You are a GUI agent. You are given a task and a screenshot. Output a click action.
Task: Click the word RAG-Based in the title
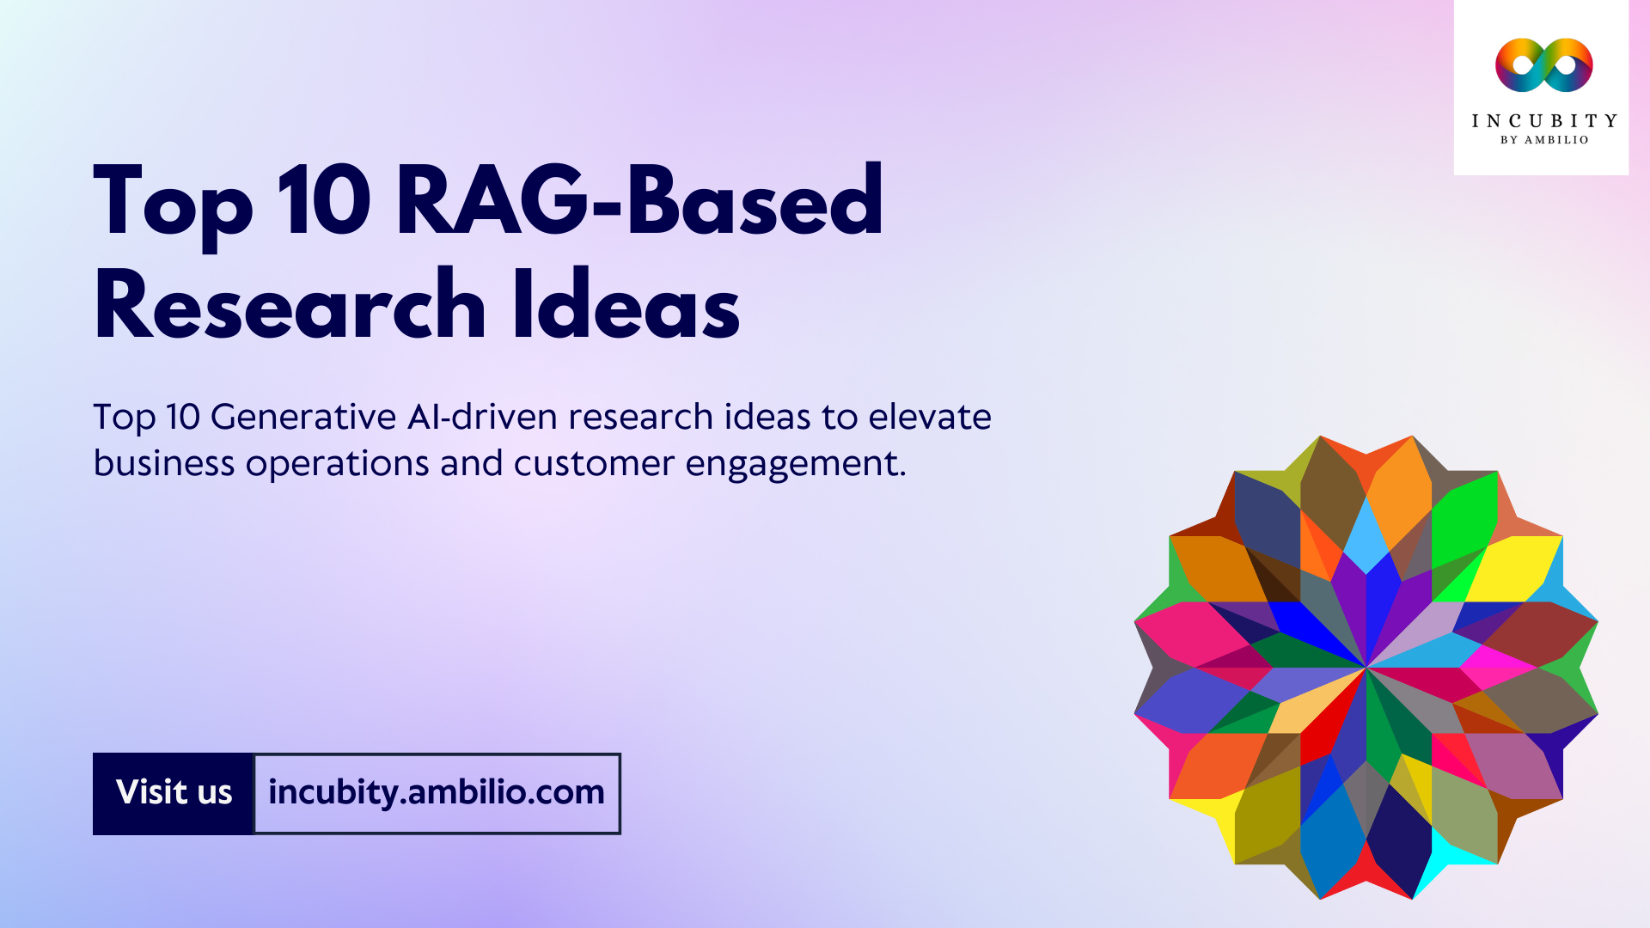(639, 203)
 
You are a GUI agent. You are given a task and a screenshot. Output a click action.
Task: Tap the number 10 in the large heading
(324, 203)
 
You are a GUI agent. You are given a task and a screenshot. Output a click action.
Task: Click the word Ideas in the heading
(626, 306)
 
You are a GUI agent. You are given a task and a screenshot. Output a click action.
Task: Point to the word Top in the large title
(173, 203)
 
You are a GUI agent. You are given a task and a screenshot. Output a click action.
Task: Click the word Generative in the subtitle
(303, 418)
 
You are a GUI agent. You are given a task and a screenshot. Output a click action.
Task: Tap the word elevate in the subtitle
(929, 418)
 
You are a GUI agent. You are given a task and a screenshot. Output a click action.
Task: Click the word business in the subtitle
(163, 464)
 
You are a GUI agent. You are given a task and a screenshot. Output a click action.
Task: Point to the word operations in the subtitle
(337, 464)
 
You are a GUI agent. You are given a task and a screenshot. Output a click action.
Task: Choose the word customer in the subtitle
(594, 464)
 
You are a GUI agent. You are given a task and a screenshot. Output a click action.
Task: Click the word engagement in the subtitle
(795, 464)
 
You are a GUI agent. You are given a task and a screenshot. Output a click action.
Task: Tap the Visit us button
(174, 793)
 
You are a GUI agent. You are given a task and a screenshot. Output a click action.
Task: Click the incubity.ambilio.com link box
(437, 793)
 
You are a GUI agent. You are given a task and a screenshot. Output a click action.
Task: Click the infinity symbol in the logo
(1543, 65)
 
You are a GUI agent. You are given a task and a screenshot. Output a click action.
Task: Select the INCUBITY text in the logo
(1543, 121)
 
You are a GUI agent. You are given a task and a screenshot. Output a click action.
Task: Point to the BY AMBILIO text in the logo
(1543, 140)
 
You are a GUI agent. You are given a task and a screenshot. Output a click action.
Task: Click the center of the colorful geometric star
(1366, 667)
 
